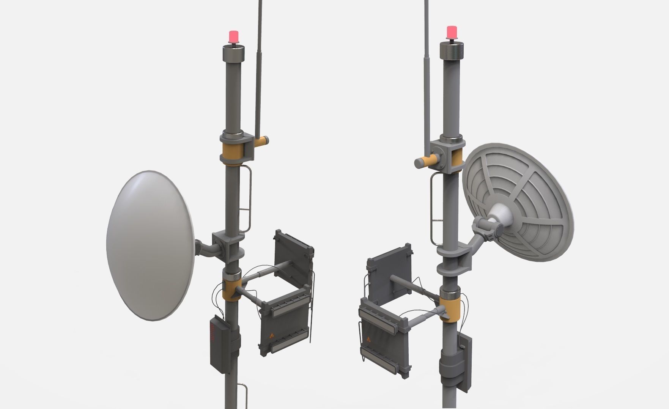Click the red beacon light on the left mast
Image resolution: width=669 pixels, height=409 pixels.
[233, 37]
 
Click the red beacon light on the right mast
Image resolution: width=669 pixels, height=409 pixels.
[452, 32]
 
